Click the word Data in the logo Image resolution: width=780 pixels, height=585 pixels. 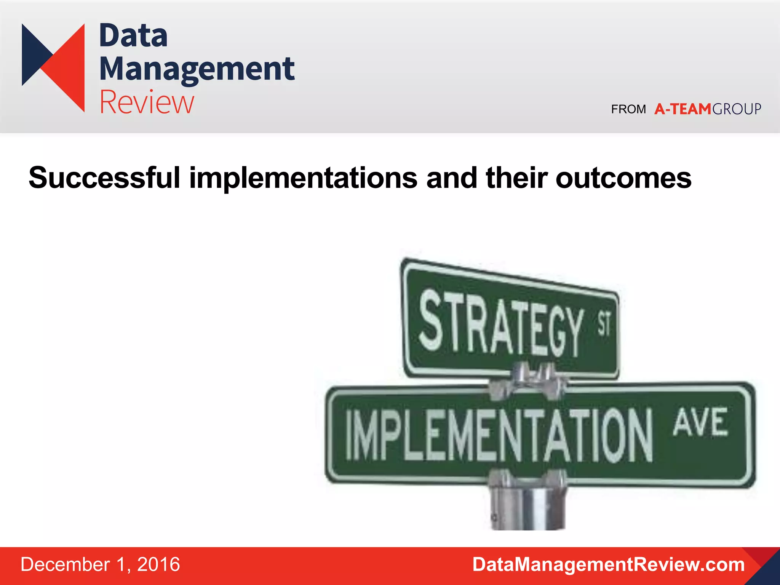tap(133, 36)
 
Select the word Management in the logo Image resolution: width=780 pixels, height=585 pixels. tap(197, 69)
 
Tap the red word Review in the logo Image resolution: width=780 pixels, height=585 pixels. tap(147, 102)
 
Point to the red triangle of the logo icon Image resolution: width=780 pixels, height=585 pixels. tap(69, 69)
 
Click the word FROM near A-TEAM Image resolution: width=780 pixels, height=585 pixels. tap(628, 109)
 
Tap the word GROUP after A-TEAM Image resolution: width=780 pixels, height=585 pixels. tap(737, 109)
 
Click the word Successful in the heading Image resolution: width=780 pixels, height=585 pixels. tap(104, 178)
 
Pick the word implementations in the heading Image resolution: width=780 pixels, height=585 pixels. tap(303, 178)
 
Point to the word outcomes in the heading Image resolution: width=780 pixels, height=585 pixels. tap(623, 178)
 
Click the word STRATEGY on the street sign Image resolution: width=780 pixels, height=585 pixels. tap(501, 324)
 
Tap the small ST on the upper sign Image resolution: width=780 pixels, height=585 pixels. tap(604, 324)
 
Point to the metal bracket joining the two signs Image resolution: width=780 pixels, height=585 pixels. tap(527, 381)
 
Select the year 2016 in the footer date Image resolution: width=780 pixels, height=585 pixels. tap(158, 564)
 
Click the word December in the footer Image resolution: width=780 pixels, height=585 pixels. tap(65, 564)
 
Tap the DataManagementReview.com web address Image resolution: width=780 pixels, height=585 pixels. tap(608, 564)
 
